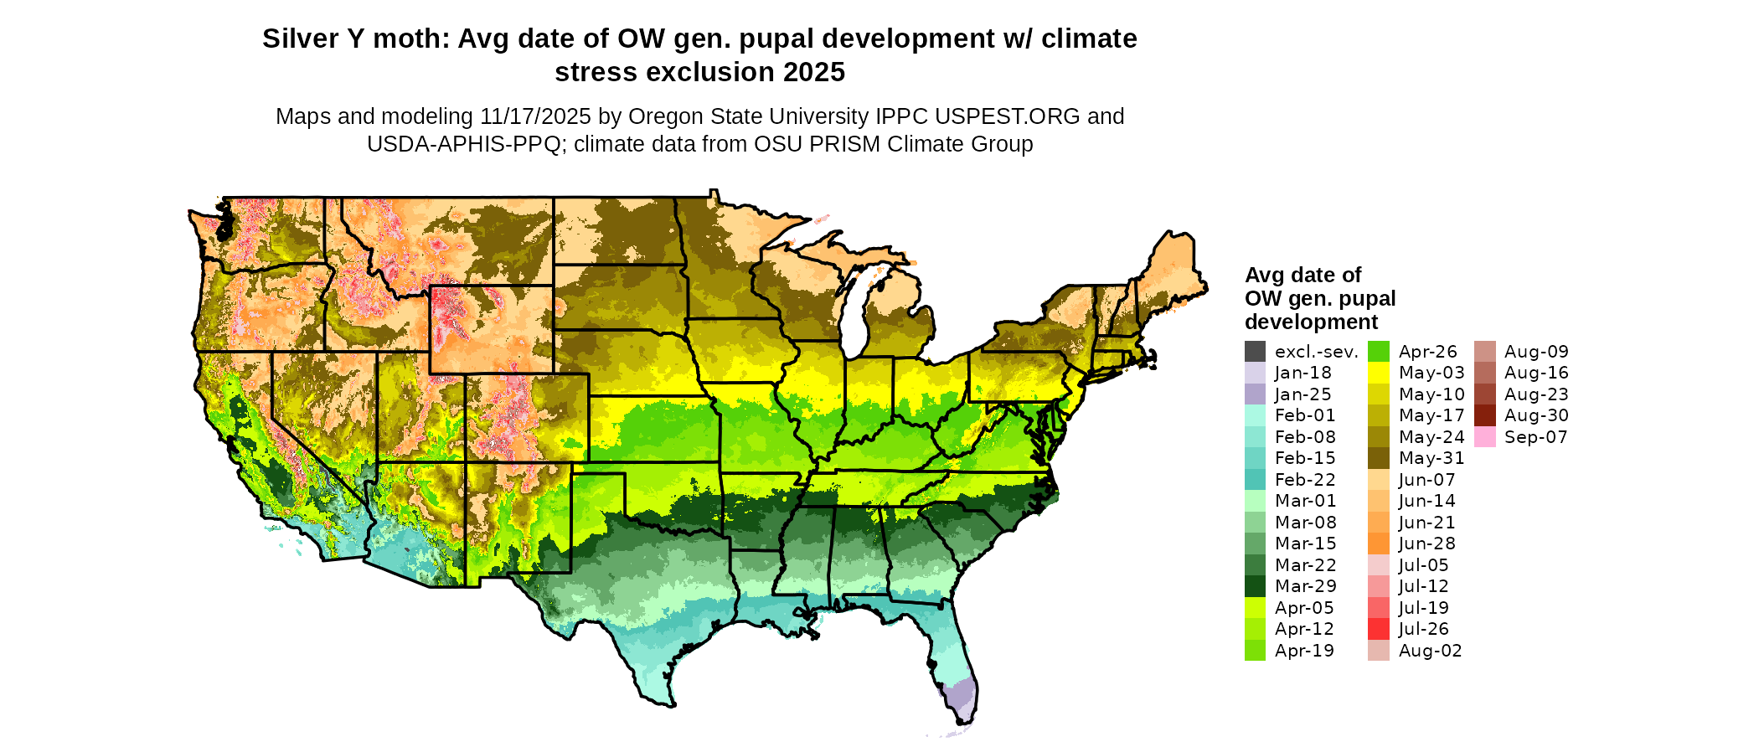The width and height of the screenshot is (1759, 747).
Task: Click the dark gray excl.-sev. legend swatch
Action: [1255, 352]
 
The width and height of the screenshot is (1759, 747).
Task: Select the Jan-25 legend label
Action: [1302, 394]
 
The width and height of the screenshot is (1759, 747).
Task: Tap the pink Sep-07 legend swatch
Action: [1484, 437]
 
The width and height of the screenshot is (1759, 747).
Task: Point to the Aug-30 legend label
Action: [1536, 415]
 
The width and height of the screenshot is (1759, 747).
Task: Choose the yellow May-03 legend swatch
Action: [1378, 373]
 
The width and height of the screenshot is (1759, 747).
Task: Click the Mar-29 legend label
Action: [1305, 586]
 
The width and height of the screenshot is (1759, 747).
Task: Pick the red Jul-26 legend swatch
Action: [1378, 629]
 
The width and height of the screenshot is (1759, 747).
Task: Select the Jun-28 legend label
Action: [1426, 544]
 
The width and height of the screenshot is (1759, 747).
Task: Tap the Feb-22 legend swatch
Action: [1255, 480]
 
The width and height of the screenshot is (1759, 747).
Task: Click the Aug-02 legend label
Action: [1430, 651]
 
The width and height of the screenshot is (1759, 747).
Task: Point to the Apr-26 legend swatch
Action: [1378, 352]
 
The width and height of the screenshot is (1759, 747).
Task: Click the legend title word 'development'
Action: [1311, 322]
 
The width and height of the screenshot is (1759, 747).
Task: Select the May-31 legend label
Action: [1431, 458]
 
